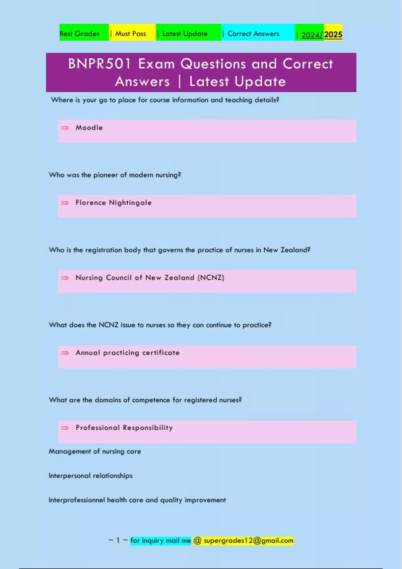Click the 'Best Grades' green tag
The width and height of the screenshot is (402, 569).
80,33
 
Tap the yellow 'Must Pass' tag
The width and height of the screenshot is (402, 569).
131,33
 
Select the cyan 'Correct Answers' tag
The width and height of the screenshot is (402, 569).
253,33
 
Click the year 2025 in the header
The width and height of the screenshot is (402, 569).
333,34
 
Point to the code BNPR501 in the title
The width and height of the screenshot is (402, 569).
99,64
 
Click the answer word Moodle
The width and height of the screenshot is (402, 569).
89,128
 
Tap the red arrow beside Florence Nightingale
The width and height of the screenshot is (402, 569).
65,203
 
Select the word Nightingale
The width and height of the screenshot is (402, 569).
130,203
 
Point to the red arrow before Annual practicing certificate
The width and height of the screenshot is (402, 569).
65,353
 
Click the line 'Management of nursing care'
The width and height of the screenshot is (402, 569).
95,451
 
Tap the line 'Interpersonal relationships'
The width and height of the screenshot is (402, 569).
90,476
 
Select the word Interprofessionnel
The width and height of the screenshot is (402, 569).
77,500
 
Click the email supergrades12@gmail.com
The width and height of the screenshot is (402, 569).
248,541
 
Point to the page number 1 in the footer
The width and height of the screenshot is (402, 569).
118,541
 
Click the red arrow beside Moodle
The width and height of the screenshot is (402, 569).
65,128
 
